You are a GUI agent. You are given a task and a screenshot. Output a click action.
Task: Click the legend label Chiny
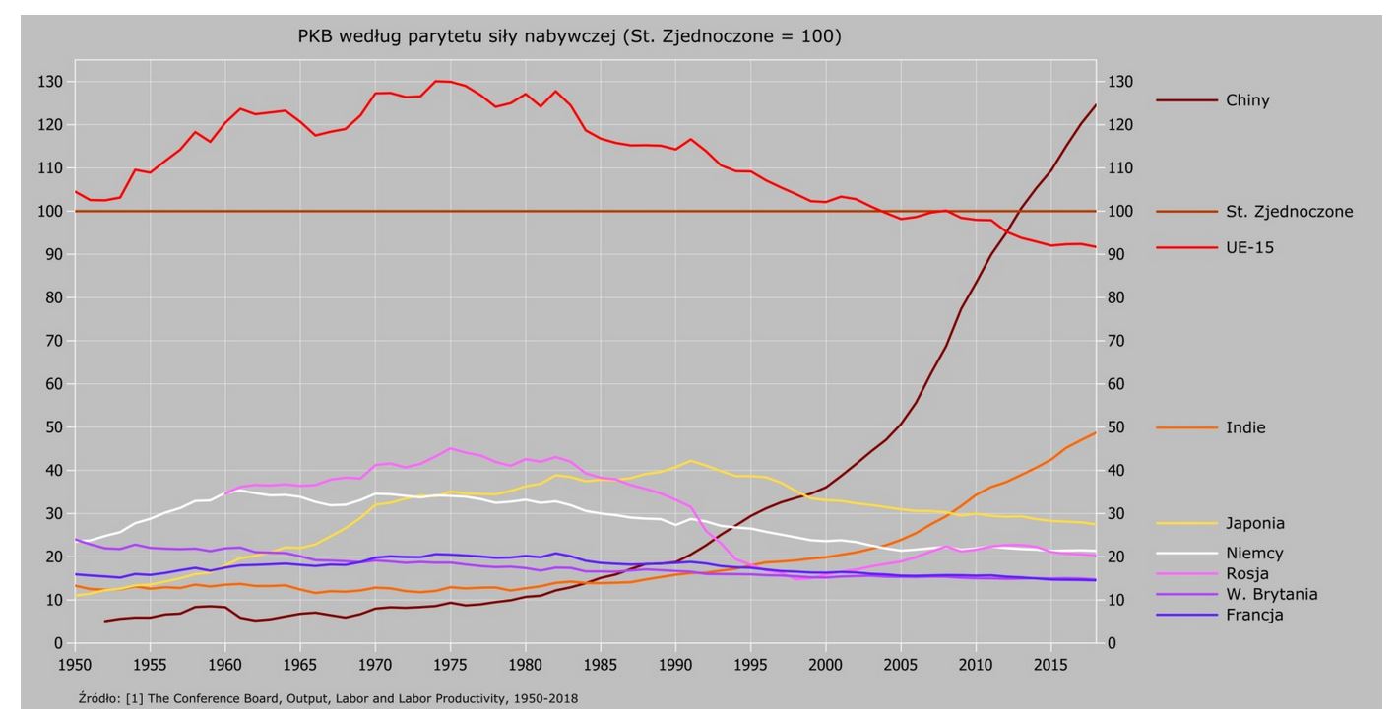coord(1248,100)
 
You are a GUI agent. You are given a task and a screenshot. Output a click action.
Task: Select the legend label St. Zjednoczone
coord(1290,211)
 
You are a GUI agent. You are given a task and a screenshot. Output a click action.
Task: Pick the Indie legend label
coord(1245,427)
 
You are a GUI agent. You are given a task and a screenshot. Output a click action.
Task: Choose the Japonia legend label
coord(1256,523)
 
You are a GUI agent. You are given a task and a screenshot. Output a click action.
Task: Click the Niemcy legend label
coord(1253,554)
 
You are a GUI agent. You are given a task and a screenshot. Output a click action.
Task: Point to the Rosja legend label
coord(1247,573)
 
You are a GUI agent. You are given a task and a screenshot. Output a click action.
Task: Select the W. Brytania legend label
coord(1271,594)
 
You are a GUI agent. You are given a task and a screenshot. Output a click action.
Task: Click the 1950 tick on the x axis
coord(75,664)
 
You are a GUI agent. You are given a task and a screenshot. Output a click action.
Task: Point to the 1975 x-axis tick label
coord(450,664)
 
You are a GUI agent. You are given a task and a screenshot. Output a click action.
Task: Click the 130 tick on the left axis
coord(50,82)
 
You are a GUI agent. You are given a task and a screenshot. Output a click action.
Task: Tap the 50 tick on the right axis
coord(1118,427)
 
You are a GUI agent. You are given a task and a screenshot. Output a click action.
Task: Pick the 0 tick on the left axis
coord(58,643)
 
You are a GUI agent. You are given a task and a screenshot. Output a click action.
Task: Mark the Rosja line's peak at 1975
coord(450,448)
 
